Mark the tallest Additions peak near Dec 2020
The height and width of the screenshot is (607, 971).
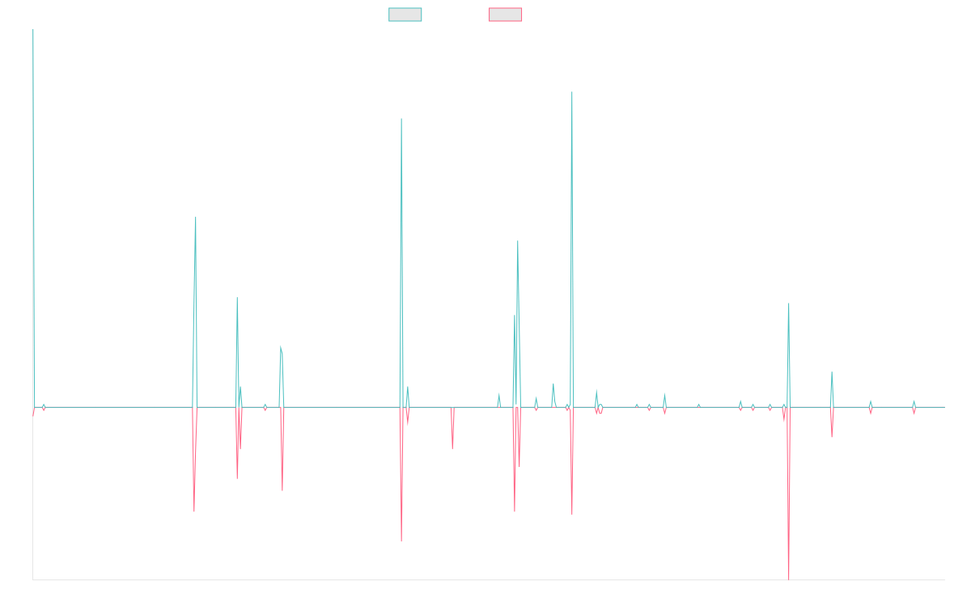pyautogui.click(x=572, y=92)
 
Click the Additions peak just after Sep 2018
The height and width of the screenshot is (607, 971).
pyautogui.click(x=401, y=119)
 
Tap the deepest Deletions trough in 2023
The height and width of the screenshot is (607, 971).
pyautogui.click(x=788, y=579)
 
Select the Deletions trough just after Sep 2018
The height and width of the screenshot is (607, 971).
pyautogui.click(x=401, y=541)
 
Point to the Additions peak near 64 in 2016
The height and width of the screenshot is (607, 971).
pyautogui.click(x=196, y=217)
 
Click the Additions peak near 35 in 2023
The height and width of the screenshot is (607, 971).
pyautogui.click(x=789, y=303)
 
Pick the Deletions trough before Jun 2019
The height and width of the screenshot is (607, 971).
pyautogui.click(x=452, y=448)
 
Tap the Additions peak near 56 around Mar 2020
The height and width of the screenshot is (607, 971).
pyautogui.click(x=518, y=241)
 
